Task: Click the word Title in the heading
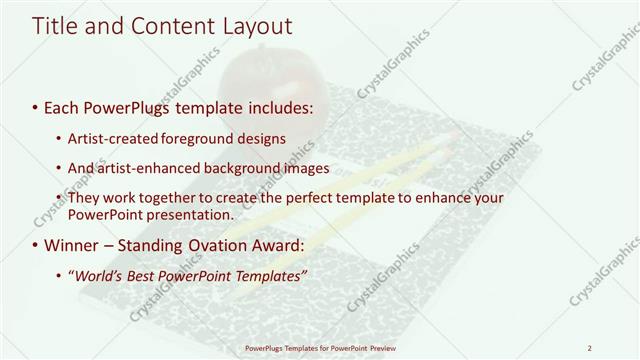[x=55, y=27]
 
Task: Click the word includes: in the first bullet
[x=281, y=105]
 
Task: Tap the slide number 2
[x=590, y=348]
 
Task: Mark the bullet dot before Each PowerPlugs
[x=36, y=106]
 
